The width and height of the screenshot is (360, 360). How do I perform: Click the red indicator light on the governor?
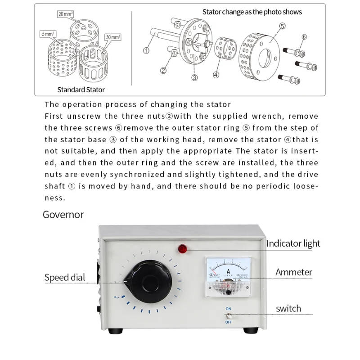(x=183, y=248)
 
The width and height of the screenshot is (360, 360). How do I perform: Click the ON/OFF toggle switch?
(x=229, y=316)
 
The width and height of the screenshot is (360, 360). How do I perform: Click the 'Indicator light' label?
(x=293, y=243)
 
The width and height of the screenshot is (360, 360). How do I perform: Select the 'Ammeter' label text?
(x=293, y=272)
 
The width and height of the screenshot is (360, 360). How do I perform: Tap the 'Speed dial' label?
(x=65, y=277)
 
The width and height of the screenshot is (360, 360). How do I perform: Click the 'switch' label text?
(x=288, y=309)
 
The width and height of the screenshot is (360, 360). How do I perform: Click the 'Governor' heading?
(x=63, y=214)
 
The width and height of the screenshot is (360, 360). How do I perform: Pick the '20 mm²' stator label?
(x=66, y=14)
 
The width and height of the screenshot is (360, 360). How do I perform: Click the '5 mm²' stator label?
(x=47, y=34)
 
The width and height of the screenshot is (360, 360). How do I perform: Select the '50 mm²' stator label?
(x=113, y=36)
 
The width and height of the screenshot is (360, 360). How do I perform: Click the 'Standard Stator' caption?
(x=81, y=90)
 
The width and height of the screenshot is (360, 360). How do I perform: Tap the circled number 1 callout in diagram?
(x=146, y=50)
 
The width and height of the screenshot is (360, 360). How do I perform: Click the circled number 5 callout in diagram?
(x=282, y=26)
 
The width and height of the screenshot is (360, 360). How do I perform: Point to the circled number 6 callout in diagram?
(x=304, y=37)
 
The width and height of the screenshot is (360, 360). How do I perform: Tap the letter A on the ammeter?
(x=228, y=271)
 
